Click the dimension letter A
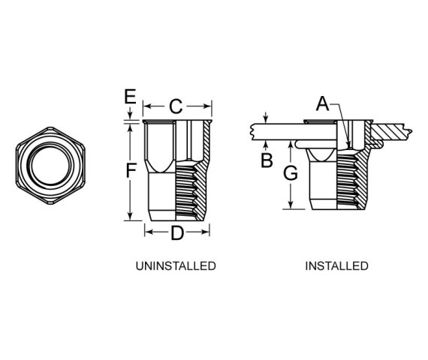(322, 103)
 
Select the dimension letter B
(267, 160)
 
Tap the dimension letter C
(176, 106)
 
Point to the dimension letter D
(177, 232)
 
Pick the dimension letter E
(130, 96)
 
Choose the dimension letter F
(131, 169)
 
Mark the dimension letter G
(291, 173)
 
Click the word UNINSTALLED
(176, 266)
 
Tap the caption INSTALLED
(336, 266)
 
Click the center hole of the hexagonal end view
(50, 166)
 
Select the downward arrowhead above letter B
(266, 118)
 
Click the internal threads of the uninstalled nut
(186, 191)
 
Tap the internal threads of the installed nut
(347, 181)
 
